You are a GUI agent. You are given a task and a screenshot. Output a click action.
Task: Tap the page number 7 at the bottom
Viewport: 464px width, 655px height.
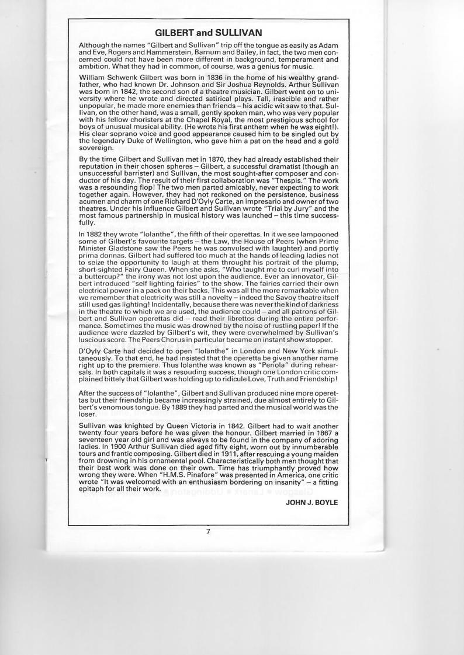pos(207,531)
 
